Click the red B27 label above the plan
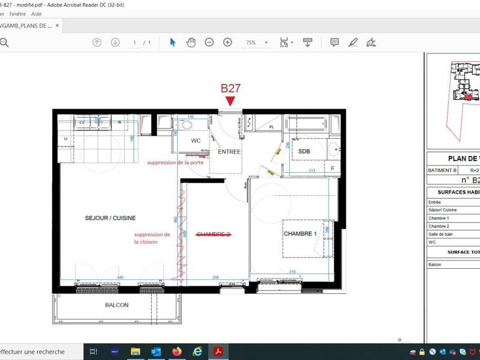point(230,88)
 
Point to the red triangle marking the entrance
point(230,101)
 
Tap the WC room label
point(196,140)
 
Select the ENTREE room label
point(229,152)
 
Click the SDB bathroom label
point(304,152)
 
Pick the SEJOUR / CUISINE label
point(110,218)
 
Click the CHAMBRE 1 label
point(299,233)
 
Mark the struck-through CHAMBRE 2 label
point(214,234)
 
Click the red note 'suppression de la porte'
point(175,163)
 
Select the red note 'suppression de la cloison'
point(152,238)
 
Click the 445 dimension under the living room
point(120,277)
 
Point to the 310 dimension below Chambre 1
point(292,272)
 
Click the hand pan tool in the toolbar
point(191,42)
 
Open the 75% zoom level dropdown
point(266,43)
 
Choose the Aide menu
point(37,13)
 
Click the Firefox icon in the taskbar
point(176,352)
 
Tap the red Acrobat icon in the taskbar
point(218,352)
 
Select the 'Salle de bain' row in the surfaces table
point(441,234)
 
